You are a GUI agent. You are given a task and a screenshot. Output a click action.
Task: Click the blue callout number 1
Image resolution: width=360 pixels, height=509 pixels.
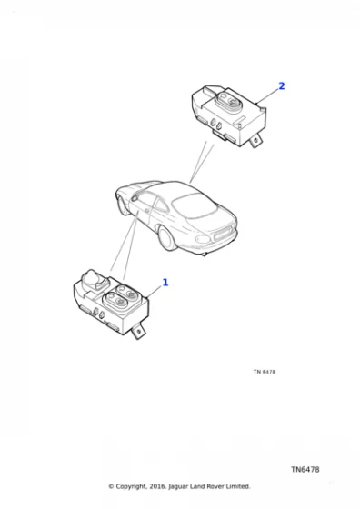point(165,283)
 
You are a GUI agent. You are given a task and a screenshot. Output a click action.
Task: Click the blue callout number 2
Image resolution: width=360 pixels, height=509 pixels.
point(282,86)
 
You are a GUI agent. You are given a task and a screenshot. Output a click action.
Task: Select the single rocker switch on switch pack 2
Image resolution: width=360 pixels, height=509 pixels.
point(227,101)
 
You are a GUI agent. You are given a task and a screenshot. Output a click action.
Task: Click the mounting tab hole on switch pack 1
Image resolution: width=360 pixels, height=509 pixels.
point(139,332)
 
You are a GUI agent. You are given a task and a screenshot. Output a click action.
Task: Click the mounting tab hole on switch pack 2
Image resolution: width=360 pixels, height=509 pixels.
point(256,140)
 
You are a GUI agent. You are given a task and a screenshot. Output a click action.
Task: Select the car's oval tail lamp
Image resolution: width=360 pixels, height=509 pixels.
point(203,239)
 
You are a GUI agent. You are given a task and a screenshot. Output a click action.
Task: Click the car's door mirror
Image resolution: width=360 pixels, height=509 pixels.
point(135,196)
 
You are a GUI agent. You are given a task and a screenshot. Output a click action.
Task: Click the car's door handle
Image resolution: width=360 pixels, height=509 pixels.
point(147,211)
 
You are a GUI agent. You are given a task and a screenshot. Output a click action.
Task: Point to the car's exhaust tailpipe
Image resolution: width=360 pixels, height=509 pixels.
point(204,254)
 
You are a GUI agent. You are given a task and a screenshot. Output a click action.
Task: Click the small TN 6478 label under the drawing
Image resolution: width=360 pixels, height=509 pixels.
point(265,372)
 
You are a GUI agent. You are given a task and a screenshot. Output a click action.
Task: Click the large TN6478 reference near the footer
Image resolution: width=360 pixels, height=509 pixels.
point(305,469)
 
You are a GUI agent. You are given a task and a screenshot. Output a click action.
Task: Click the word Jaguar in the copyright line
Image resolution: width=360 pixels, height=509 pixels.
point(178,486)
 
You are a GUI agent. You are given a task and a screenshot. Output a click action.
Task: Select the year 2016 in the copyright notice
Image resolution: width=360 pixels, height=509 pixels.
point(158,486)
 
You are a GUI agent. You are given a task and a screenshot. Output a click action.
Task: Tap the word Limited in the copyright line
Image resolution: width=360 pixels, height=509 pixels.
point(238,486)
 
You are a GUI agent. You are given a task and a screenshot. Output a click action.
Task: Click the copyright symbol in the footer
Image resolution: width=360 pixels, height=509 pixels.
point(111,486)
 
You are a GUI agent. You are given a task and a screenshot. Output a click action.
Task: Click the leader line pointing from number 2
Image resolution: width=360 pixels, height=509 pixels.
point(268,95)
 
